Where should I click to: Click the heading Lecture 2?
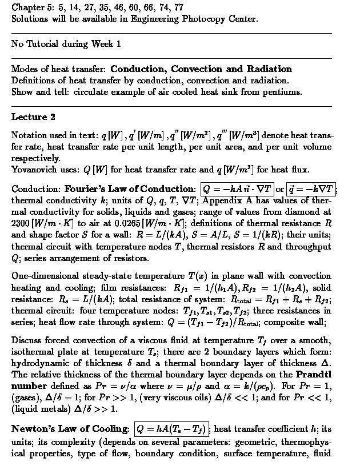33,117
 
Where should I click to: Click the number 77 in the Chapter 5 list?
178,7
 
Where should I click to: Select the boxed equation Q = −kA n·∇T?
237,189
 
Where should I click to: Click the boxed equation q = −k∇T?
311,189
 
